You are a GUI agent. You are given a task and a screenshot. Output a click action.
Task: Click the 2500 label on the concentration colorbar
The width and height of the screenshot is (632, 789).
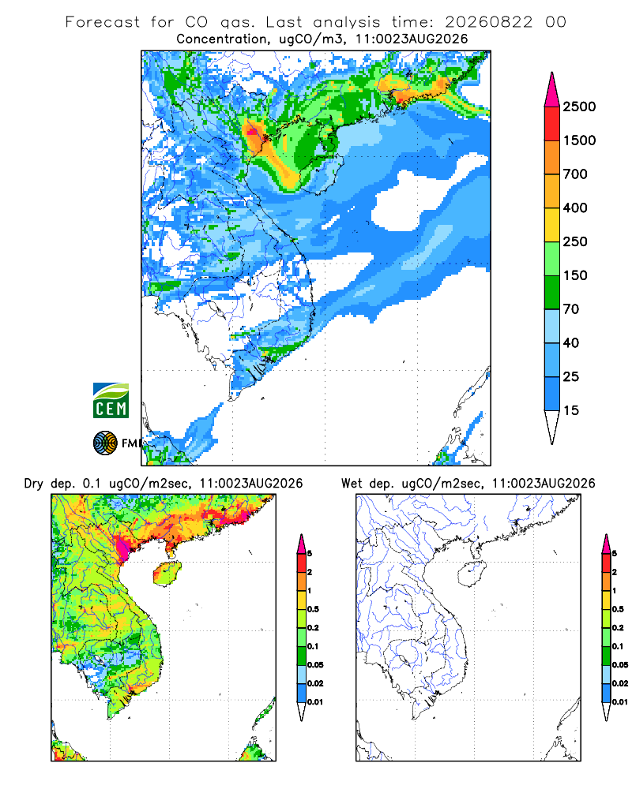click(579, 107)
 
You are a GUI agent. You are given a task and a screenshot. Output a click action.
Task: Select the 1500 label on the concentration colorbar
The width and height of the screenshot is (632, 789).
click(579, 140)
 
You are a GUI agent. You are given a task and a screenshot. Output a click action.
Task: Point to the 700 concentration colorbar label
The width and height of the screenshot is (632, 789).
click(575, 174)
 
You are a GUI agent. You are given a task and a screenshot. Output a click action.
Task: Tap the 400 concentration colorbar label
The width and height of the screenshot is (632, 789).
click(575, 208)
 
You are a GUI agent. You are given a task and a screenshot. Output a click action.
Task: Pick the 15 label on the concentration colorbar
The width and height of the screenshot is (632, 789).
click(571, 410)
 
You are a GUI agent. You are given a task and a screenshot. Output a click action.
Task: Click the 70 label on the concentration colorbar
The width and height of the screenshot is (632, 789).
click(571, 309)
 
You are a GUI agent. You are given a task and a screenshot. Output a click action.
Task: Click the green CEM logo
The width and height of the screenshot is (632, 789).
click(111, 401)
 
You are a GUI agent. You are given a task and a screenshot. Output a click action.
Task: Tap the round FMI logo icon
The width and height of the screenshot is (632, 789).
click(105, 443)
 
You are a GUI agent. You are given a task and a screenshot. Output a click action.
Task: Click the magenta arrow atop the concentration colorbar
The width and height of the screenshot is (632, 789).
click(552, 90)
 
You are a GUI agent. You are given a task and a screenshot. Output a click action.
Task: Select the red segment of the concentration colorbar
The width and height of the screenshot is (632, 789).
click(552, 124)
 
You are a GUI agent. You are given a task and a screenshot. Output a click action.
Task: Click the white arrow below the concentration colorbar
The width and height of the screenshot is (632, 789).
click(552, 428)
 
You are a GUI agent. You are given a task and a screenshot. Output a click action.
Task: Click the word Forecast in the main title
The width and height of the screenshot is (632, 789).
click(103, 22)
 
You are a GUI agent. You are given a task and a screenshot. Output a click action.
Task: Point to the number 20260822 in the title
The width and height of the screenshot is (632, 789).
click(488, 22)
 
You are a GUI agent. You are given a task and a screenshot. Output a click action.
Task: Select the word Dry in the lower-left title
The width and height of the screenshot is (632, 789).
click(34, 484)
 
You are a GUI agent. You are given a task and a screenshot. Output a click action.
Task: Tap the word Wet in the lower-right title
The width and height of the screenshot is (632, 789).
click(352, 484)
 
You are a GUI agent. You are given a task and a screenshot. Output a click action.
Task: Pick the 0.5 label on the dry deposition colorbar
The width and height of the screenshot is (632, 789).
click(313, 609)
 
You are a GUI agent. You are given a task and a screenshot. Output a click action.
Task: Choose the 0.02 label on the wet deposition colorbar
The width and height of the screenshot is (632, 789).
click(620, 683)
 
